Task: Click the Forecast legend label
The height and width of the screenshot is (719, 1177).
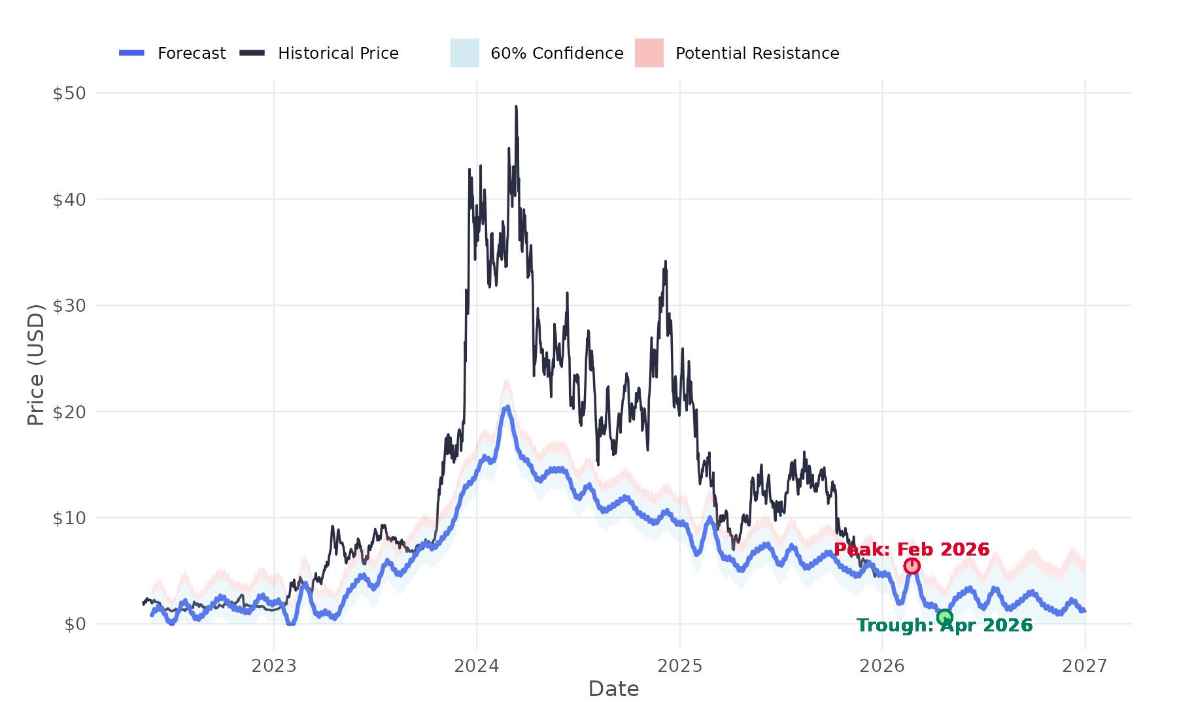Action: tap(191, 54)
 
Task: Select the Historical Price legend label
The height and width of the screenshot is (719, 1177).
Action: tap(338, 54)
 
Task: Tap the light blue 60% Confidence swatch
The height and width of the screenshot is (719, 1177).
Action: tap(464, 53)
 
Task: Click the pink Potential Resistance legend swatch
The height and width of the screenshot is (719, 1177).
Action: tap(649, 53)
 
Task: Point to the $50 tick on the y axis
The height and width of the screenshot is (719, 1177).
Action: tap(69, 93)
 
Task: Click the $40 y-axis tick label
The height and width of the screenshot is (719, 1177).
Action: tap(69, 199)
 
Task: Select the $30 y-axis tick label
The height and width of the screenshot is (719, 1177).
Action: tap(69, 306)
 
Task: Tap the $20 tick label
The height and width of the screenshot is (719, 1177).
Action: tap(69, 412)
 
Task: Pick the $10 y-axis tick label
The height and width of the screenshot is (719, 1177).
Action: tap(69, 518)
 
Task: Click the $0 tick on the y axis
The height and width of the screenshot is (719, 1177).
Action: tap(75, 624)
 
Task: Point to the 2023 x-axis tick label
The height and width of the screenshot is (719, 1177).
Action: tap(274, 666)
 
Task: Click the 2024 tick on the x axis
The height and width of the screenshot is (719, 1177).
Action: tap(477, 666)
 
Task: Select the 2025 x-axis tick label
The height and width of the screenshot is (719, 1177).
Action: tap(679, 666)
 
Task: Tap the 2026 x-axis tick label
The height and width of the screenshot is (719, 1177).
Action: tap(882, 666)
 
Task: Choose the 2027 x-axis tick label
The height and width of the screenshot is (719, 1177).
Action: tap(1085, 666)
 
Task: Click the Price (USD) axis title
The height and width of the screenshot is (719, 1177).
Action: tap(36, 365)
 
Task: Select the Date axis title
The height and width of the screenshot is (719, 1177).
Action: tap(613, 689)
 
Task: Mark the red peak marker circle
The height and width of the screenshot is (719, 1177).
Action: tap(912, 566)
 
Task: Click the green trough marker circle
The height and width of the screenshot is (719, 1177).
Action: tap(944, 617)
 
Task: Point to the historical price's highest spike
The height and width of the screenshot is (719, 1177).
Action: tap(516, 107)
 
